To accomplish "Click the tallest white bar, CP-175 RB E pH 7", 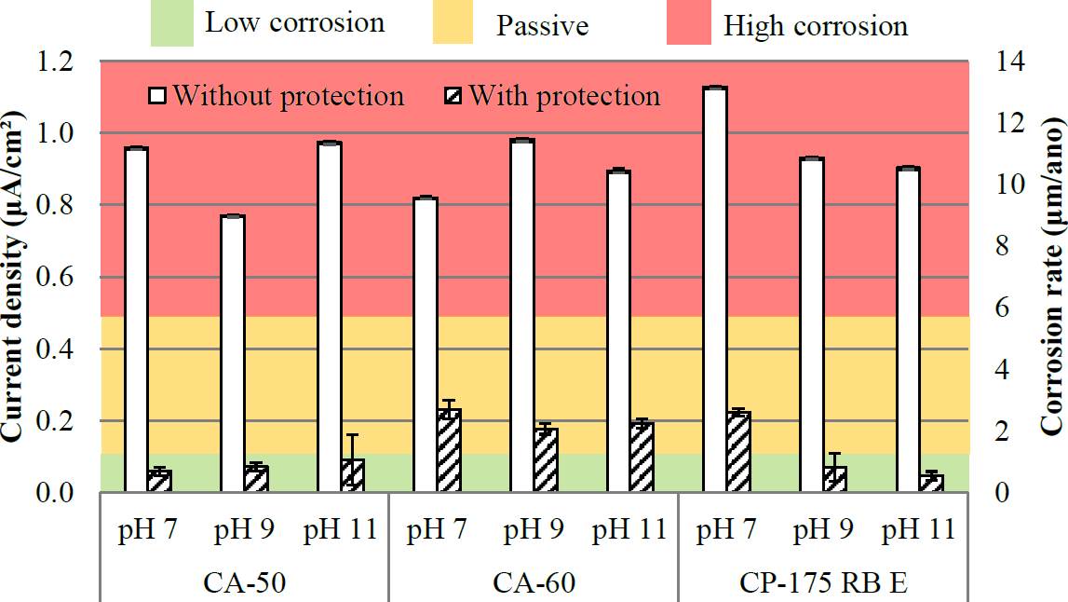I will pyautogui.click(x=715, y=289).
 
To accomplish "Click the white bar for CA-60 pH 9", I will pyautogui.click(x=521, y=317).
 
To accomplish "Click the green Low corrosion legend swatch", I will pyautogui.click(x=171, y=22).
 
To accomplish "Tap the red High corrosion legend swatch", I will pyautogui.click(x=690, y=22).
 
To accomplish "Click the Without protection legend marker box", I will pyautogui.click(x=158, y=96).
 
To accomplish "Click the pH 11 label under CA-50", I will pyautogui.click(x=340, y=531).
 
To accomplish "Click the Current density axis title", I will pyautogui.click(x=13, y=277).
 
